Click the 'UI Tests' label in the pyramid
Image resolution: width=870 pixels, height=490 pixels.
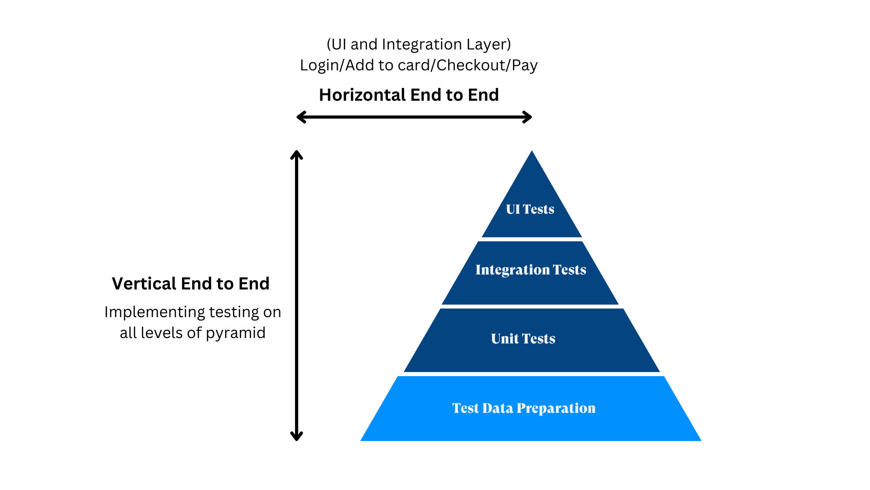click(x=530, y=209)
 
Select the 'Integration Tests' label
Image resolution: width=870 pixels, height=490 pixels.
click(x=531, y=269)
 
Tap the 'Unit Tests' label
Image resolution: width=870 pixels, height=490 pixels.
click(x=523, y=338)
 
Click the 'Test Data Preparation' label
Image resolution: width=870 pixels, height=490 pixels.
click(x=523, y=408)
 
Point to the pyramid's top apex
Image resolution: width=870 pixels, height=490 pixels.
click(x=532, y=152)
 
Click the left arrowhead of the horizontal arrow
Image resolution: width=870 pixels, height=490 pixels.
click(x=300, y=117)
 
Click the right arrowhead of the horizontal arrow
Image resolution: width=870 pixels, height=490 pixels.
click(x=528, y=117)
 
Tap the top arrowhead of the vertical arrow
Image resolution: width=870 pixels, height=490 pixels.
click(x=296, y=154)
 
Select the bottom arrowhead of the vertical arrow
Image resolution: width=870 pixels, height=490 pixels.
click(x=296, y=437)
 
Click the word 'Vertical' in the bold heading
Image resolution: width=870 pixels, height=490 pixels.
click(x=144, y=284)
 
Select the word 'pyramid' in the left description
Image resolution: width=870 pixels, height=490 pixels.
click(x=236, y=333)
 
